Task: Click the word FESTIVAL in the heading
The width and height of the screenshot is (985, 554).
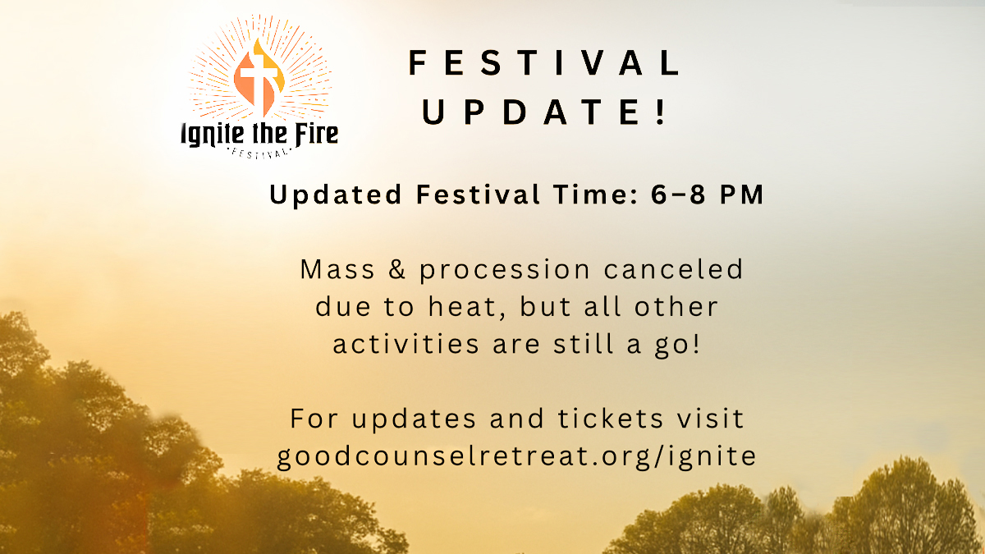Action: pos(545,62)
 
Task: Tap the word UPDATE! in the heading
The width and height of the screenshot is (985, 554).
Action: pos(543,112)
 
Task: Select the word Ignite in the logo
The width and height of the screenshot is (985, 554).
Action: pos(213,134)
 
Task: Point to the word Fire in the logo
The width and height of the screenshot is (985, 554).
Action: pos(316,134)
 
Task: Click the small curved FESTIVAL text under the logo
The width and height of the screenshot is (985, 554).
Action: pos(259,154)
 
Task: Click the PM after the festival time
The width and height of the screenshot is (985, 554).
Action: pos(742,195)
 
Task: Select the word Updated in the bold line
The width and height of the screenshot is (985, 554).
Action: pos(336,195)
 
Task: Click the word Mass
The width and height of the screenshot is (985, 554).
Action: pos(337,269)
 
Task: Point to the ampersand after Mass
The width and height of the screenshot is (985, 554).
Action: pos(397,269)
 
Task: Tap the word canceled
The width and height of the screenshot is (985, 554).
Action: pos(673,268)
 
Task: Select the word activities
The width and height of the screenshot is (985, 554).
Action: pos(405,344)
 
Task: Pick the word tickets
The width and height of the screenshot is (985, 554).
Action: pos(611,418)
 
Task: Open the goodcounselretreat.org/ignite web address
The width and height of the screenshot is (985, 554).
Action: pos(516,457)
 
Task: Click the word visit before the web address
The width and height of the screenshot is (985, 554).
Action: pos(711,418)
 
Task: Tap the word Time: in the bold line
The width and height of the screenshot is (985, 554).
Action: pos(595,195)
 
